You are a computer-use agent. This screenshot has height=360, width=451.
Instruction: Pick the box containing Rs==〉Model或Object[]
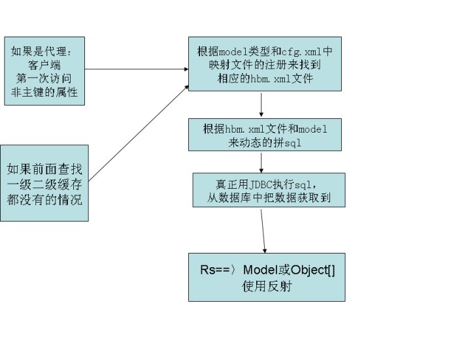click(x=266, y=277)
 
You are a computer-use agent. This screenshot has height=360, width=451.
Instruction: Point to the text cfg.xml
click(x=299, y=51)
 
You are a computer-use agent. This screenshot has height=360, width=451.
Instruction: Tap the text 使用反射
click(x=266, y=286)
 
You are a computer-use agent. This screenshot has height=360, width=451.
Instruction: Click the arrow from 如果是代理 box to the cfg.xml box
click(x=137, y=69)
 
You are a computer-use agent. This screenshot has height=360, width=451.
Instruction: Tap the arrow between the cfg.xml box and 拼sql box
click(x=261, y=105)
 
